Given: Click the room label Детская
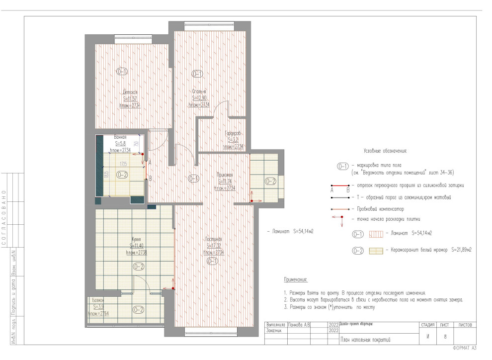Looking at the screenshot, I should coord(130,92).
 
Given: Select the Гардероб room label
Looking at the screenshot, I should coord(233,134).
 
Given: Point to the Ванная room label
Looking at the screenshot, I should coord(120,137).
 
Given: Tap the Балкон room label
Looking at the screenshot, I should coord(98,300).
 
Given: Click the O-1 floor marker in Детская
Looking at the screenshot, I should coord(122,72).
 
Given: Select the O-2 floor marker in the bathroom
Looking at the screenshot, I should coord(122,175).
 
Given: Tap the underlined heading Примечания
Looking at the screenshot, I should coord(296,280).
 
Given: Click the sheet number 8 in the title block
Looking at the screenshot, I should coord(445,337).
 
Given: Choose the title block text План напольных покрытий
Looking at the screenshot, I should coord(365,340).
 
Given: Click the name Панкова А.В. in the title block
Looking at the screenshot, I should coord(300,325).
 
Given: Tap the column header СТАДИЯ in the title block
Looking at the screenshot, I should coord(428,325).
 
